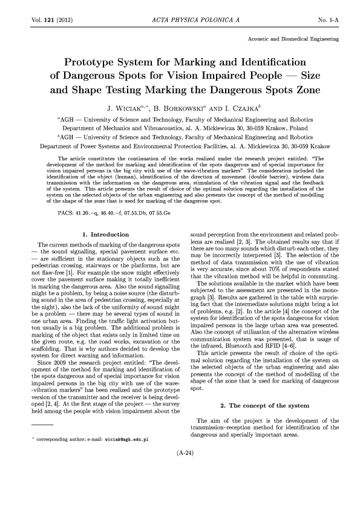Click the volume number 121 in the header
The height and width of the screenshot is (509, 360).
coord(46,20)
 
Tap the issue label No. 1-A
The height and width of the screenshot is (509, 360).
coord(327,20)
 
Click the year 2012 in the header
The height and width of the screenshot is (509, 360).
coord(64,20)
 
